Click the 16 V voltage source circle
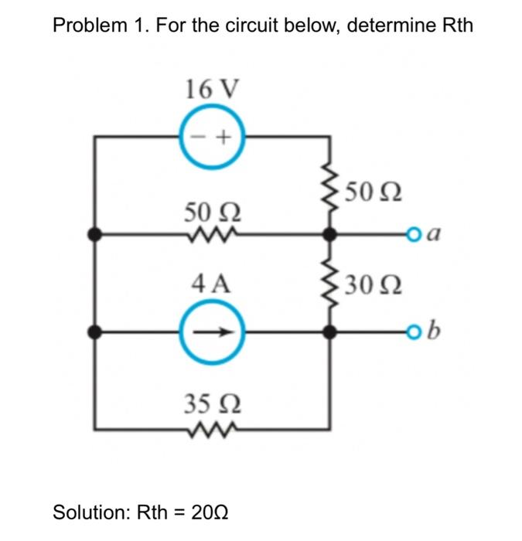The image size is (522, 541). point(213,137)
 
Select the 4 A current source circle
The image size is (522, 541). point(213,332)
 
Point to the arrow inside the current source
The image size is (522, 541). point(216,332)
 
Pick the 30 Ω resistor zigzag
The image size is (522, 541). point(330,284)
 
